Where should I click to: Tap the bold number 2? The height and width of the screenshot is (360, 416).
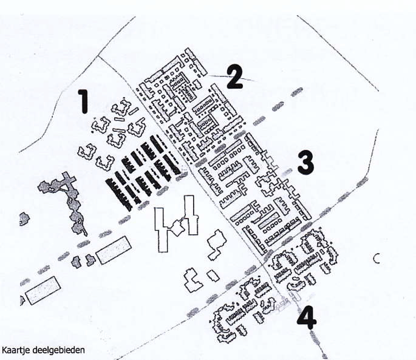(235, 77)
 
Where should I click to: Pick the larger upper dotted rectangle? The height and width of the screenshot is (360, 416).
(114, 250)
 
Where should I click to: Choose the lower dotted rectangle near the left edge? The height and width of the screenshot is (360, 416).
(43, 290)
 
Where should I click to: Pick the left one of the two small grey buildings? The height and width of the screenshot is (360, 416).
(77, 262)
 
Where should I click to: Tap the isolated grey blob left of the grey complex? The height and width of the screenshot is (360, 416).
(24, 218)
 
